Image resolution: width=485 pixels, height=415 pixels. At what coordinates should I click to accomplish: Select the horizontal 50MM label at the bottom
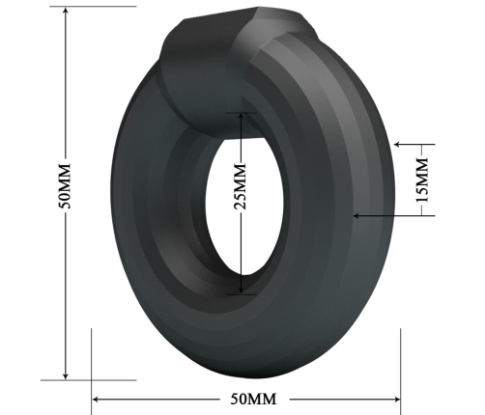248,398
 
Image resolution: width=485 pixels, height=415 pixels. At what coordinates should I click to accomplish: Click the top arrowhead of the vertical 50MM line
65,11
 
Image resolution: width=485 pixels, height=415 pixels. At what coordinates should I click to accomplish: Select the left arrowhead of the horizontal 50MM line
96,398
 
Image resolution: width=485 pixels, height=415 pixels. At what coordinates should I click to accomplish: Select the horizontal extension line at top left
87,7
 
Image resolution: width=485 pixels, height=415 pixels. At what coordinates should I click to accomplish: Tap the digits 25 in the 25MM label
242,196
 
